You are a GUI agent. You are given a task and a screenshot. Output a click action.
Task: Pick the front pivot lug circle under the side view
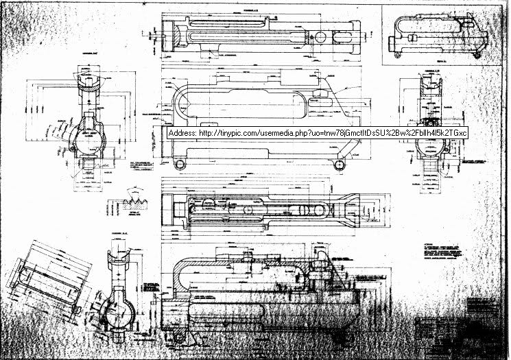180,162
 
